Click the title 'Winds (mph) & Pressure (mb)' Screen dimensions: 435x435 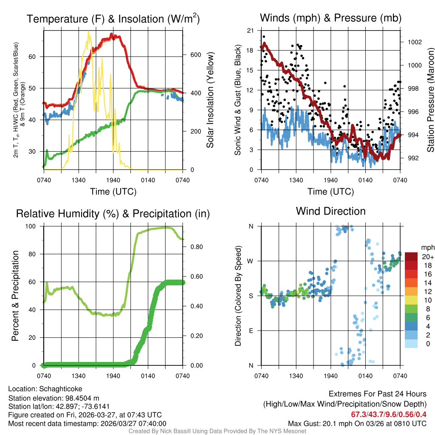click(330, 18)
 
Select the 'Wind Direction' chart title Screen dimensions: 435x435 click(330, 211)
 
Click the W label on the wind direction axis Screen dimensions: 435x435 click(251, 261)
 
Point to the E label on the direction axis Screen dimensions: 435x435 click(251, 330)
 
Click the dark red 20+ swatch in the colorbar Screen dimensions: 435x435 click(411, 257)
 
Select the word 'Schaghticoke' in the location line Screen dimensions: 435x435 click(61, 389)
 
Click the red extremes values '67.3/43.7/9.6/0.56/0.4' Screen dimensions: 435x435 click(389, 414)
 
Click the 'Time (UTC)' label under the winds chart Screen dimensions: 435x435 click(330, 192)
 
